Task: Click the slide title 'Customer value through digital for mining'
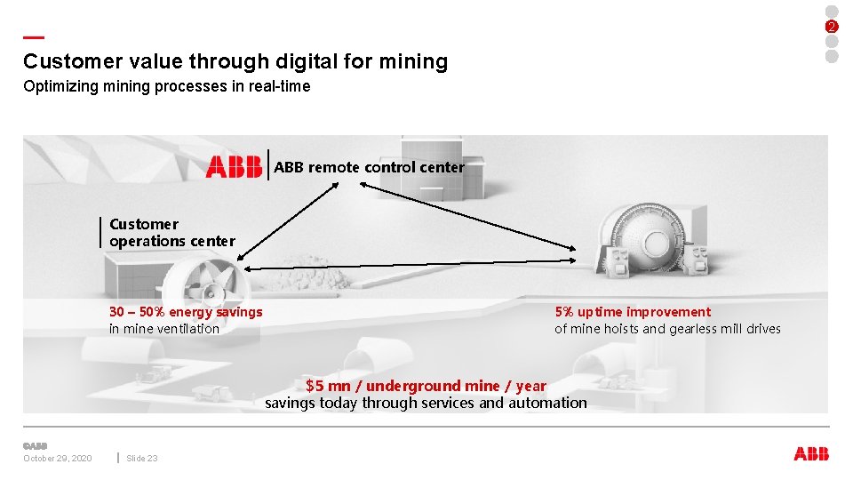[235, 61]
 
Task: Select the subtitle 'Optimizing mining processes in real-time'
[167, 86]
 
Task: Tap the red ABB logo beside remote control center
[234, 166]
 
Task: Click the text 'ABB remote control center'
[369, 166]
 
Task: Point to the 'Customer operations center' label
[171, 232]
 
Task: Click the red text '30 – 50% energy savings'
[186, 312]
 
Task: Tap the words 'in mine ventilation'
[164, 329]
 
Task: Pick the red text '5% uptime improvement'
[633, 312]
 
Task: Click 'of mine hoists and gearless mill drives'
[667, 329]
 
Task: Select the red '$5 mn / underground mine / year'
[426, 386]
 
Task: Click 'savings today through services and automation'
[426, 403]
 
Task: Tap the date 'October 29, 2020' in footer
[57, 458]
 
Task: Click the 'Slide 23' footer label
[142, 458]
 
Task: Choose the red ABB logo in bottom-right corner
[810, 454]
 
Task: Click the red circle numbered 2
[832, 26]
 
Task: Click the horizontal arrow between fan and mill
[409, 265]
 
